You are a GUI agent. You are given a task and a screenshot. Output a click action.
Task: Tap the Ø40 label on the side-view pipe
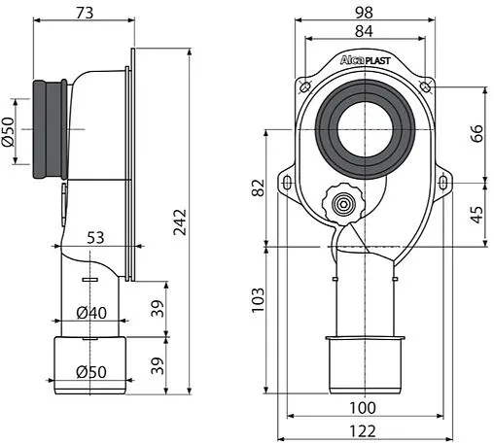click(92, 314)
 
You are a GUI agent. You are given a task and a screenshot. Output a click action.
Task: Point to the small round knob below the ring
click(340, 203)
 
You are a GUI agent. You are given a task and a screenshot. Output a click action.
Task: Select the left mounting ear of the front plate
click(290, 180)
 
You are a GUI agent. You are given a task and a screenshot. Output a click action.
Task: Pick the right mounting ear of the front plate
click(443, 180)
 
